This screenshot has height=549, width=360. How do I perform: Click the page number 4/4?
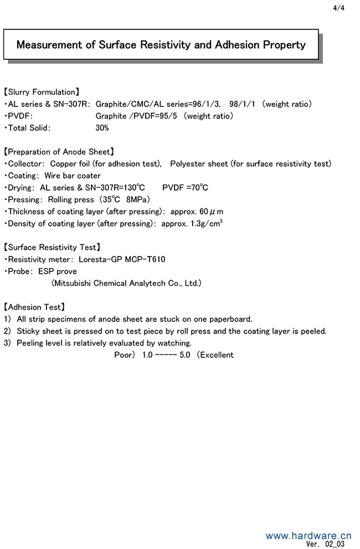pyautogui.click(x=339, y=8)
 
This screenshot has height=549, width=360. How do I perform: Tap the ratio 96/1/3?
pyautogui.click(x=209, y=104)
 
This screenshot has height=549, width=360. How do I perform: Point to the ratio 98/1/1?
pyautogui.click(x=243, y=104)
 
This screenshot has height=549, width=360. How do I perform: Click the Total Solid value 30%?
pyautogui.click(x=102, y=128)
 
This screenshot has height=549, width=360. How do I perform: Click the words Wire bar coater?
pyautogui.click(x=73, y=176)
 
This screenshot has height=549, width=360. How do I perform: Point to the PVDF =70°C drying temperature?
pyautogui.click(x=185, y=188)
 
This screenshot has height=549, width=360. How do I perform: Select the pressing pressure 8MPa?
pyautogui.click(x=138, y=200)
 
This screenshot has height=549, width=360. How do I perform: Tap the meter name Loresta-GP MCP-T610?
pyautogui.click(x=122, y=259)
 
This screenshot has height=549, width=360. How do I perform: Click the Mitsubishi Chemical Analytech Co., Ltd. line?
pyautogui.click(x=126, y=283)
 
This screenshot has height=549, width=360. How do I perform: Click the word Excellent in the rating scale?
pyautogui.click(x=217, y=355)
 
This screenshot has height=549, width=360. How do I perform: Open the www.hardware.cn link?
pyautogui.click(x=308, y=536)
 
